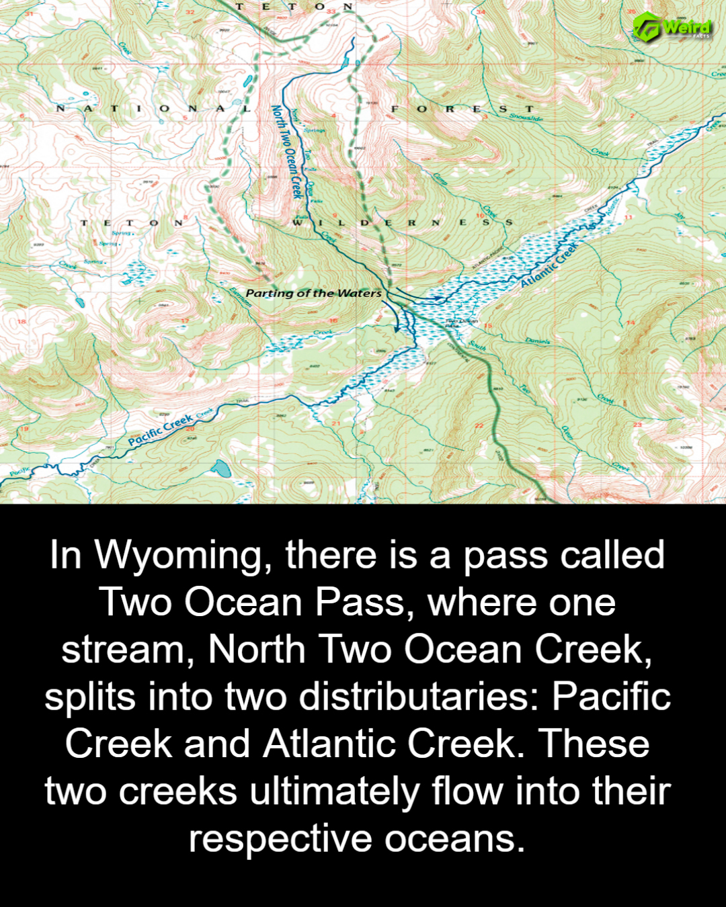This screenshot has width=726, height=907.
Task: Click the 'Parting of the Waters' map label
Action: (x=313, y=293)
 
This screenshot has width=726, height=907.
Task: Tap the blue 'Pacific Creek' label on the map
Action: (x=161, y=431)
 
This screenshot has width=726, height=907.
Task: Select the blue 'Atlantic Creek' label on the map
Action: (x=549, y=265)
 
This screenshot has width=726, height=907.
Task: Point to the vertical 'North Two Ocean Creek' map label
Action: (x=285, y=151)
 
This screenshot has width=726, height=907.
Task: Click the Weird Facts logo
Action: (x=672, y=27)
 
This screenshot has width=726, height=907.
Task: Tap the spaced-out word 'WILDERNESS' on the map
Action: (x=403, y=222)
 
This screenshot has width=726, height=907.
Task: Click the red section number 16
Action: (x=333, y=320)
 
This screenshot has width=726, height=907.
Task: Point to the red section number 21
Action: (x=336, y=423)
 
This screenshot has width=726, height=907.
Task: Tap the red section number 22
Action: (x=479, y=425)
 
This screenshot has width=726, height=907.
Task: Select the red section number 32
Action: (x=190, y=13)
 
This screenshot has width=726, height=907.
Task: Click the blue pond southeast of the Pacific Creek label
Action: (x=220, y=468)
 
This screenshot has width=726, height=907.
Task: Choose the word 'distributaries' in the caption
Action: (x=418, y=697)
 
